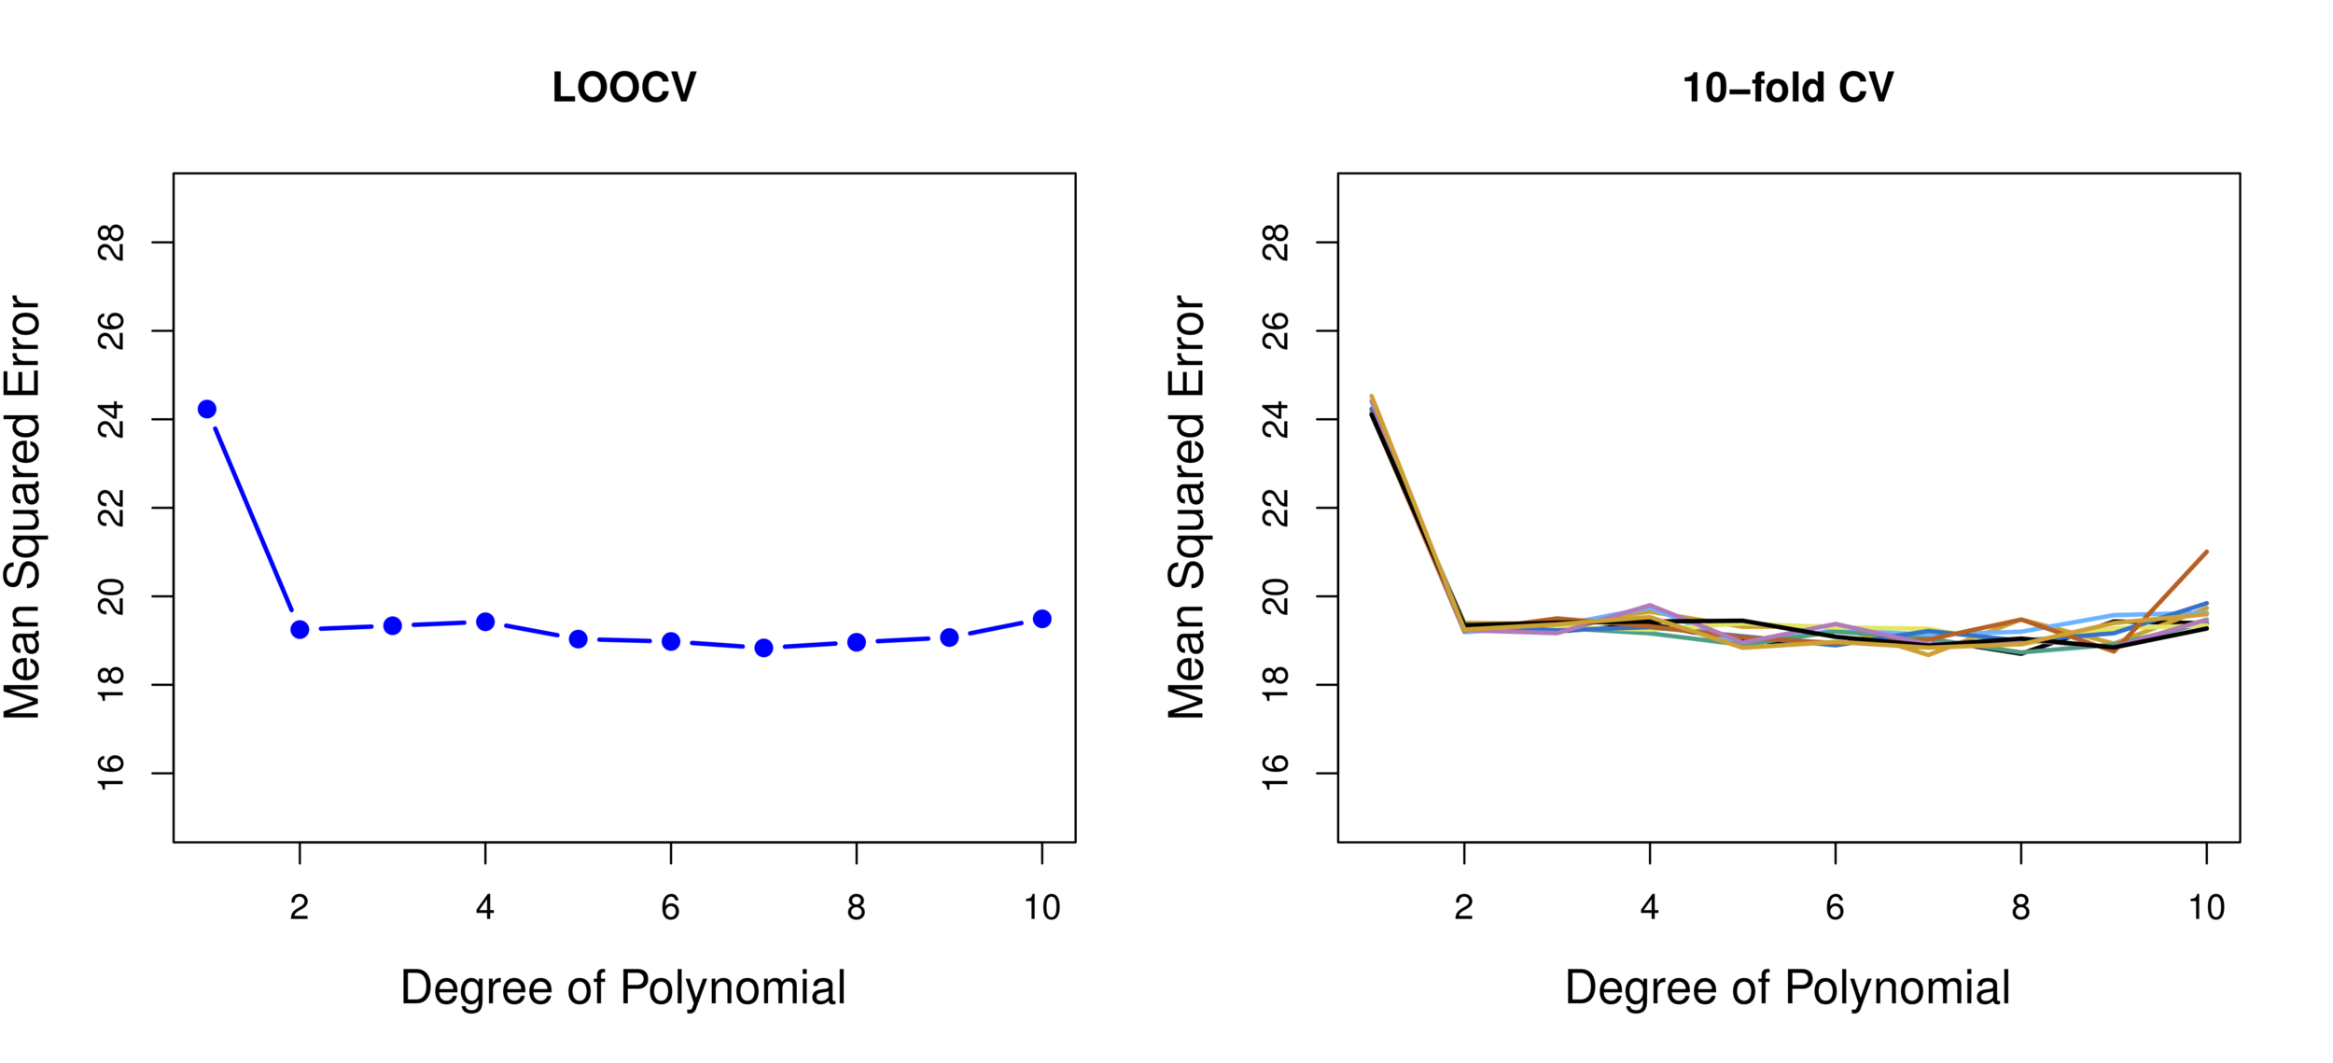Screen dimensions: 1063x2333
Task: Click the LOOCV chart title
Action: point(623,88)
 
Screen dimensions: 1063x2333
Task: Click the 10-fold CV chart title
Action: point(1787,88)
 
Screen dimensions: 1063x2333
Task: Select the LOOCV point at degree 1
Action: point(207,409)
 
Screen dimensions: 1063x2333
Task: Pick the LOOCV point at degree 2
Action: point(300,629)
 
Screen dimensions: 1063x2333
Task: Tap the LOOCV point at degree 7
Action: point(763,648)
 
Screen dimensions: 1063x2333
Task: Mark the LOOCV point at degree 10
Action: point(1042,619)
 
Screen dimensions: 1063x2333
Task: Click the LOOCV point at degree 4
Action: point(485,622)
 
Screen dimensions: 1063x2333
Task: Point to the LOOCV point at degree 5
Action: point(578,639)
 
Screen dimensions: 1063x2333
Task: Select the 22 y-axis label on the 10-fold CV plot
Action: point(1276,508)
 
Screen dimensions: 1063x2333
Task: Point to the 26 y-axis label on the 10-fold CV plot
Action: point(1276,331)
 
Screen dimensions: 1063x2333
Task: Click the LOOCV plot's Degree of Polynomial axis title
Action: point(622,987)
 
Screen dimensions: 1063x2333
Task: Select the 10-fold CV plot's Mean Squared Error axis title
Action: point(1186,508)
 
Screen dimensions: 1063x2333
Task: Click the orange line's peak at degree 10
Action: point(2206,552)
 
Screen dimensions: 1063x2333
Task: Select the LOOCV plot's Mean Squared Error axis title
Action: point(22,508)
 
